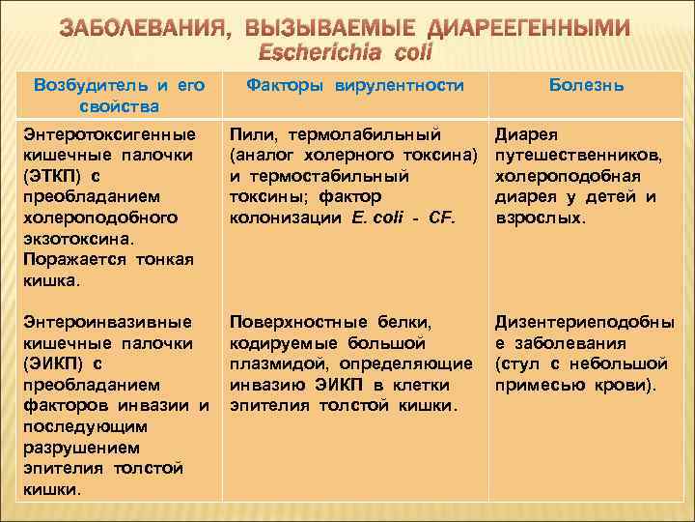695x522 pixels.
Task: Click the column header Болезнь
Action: click(x=586, y=85)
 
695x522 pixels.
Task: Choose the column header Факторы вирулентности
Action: click(x=355, y=85)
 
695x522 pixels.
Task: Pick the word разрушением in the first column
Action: click(x=80, y=448)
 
